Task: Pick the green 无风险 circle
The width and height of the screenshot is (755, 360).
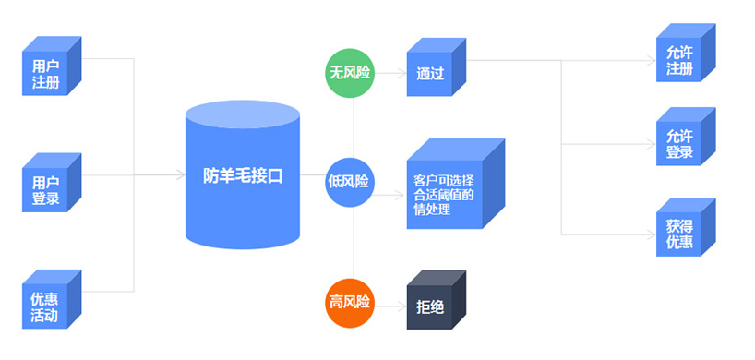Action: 351,72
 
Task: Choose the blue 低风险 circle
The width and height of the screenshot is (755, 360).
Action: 351,181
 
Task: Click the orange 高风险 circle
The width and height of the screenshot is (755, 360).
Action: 351,302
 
